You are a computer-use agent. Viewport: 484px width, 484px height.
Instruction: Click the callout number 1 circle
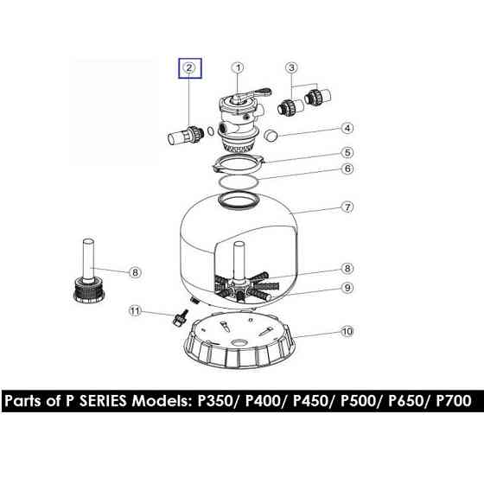pyautogui.click(x=239, y=68)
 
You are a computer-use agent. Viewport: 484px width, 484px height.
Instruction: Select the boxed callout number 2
pyautogui.click(x=189, y=67)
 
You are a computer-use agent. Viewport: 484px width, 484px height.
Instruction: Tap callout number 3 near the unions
pyautogui.click(x=292, y=67)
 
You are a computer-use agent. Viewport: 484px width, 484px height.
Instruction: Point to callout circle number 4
pyautogui.click(x=347, y=128)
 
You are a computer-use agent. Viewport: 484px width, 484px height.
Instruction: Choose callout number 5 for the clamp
pyautogui.click(x=347, y=152)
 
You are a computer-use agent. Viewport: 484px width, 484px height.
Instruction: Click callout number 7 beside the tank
pyautogui.click(x=347, y=207)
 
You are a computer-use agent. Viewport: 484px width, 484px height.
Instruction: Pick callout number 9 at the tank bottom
pyautogui.click(x=347, y=288)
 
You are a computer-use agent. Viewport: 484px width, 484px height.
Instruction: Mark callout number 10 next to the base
pyautogui.click(x=347, y=331)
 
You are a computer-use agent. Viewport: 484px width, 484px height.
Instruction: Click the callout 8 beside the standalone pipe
pyautogui.click(x=135, y=273)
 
